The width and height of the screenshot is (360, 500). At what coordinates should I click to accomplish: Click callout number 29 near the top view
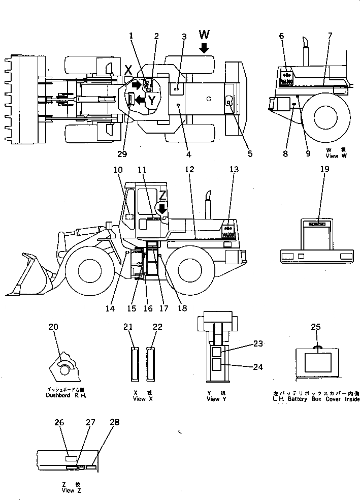[122, 154]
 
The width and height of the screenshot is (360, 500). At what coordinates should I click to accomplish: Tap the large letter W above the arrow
[204, 35]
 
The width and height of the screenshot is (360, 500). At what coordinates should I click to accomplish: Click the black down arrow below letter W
[204, 48]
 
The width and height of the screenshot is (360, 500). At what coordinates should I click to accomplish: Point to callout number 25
[315, 327]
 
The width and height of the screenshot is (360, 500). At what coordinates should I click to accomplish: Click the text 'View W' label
[336, 157]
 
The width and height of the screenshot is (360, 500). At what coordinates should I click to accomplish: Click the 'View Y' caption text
[213, 399]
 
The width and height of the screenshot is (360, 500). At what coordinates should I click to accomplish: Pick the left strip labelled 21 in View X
[135, 364]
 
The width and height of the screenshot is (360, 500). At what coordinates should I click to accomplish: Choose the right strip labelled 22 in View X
[151, 364]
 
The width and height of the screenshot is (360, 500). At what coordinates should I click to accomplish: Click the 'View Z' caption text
[69, 490]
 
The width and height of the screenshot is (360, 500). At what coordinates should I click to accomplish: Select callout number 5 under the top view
[249, 154]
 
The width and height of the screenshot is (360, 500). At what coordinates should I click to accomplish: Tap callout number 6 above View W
[282, 36]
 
